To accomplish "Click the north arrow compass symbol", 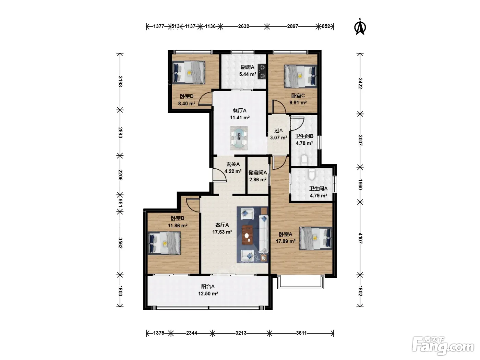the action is click(360, 27).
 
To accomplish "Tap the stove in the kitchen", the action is click(262, 71).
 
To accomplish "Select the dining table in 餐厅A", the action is click(239, 138).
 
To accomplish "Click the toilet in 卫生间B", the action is click(304, 160).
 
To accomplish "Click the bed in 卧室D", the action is click(189, 72).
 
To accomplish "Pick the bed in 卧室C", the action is click(300, 76).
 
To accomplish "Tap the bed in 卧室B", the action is click(164, 243).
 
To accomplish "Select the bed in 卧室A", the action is click(315, 239).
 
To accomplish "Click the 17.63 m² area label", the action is click(222, 232).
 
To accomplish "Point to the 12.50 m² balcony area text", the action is click(208, 293).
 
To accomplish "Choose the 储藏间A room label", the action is click(257, 173).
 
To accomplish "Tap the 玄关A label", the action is click(233, 164).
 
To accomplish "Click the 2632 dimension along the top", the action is click(244, 26).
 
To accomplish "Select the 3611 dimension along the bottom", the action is click(301, 333).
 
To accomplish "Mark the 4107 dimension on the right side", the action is click(360, 239).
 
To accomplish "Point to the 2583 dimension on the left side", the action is click(120, 132).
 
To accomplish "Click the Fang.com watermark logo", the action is click(443, 346).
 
